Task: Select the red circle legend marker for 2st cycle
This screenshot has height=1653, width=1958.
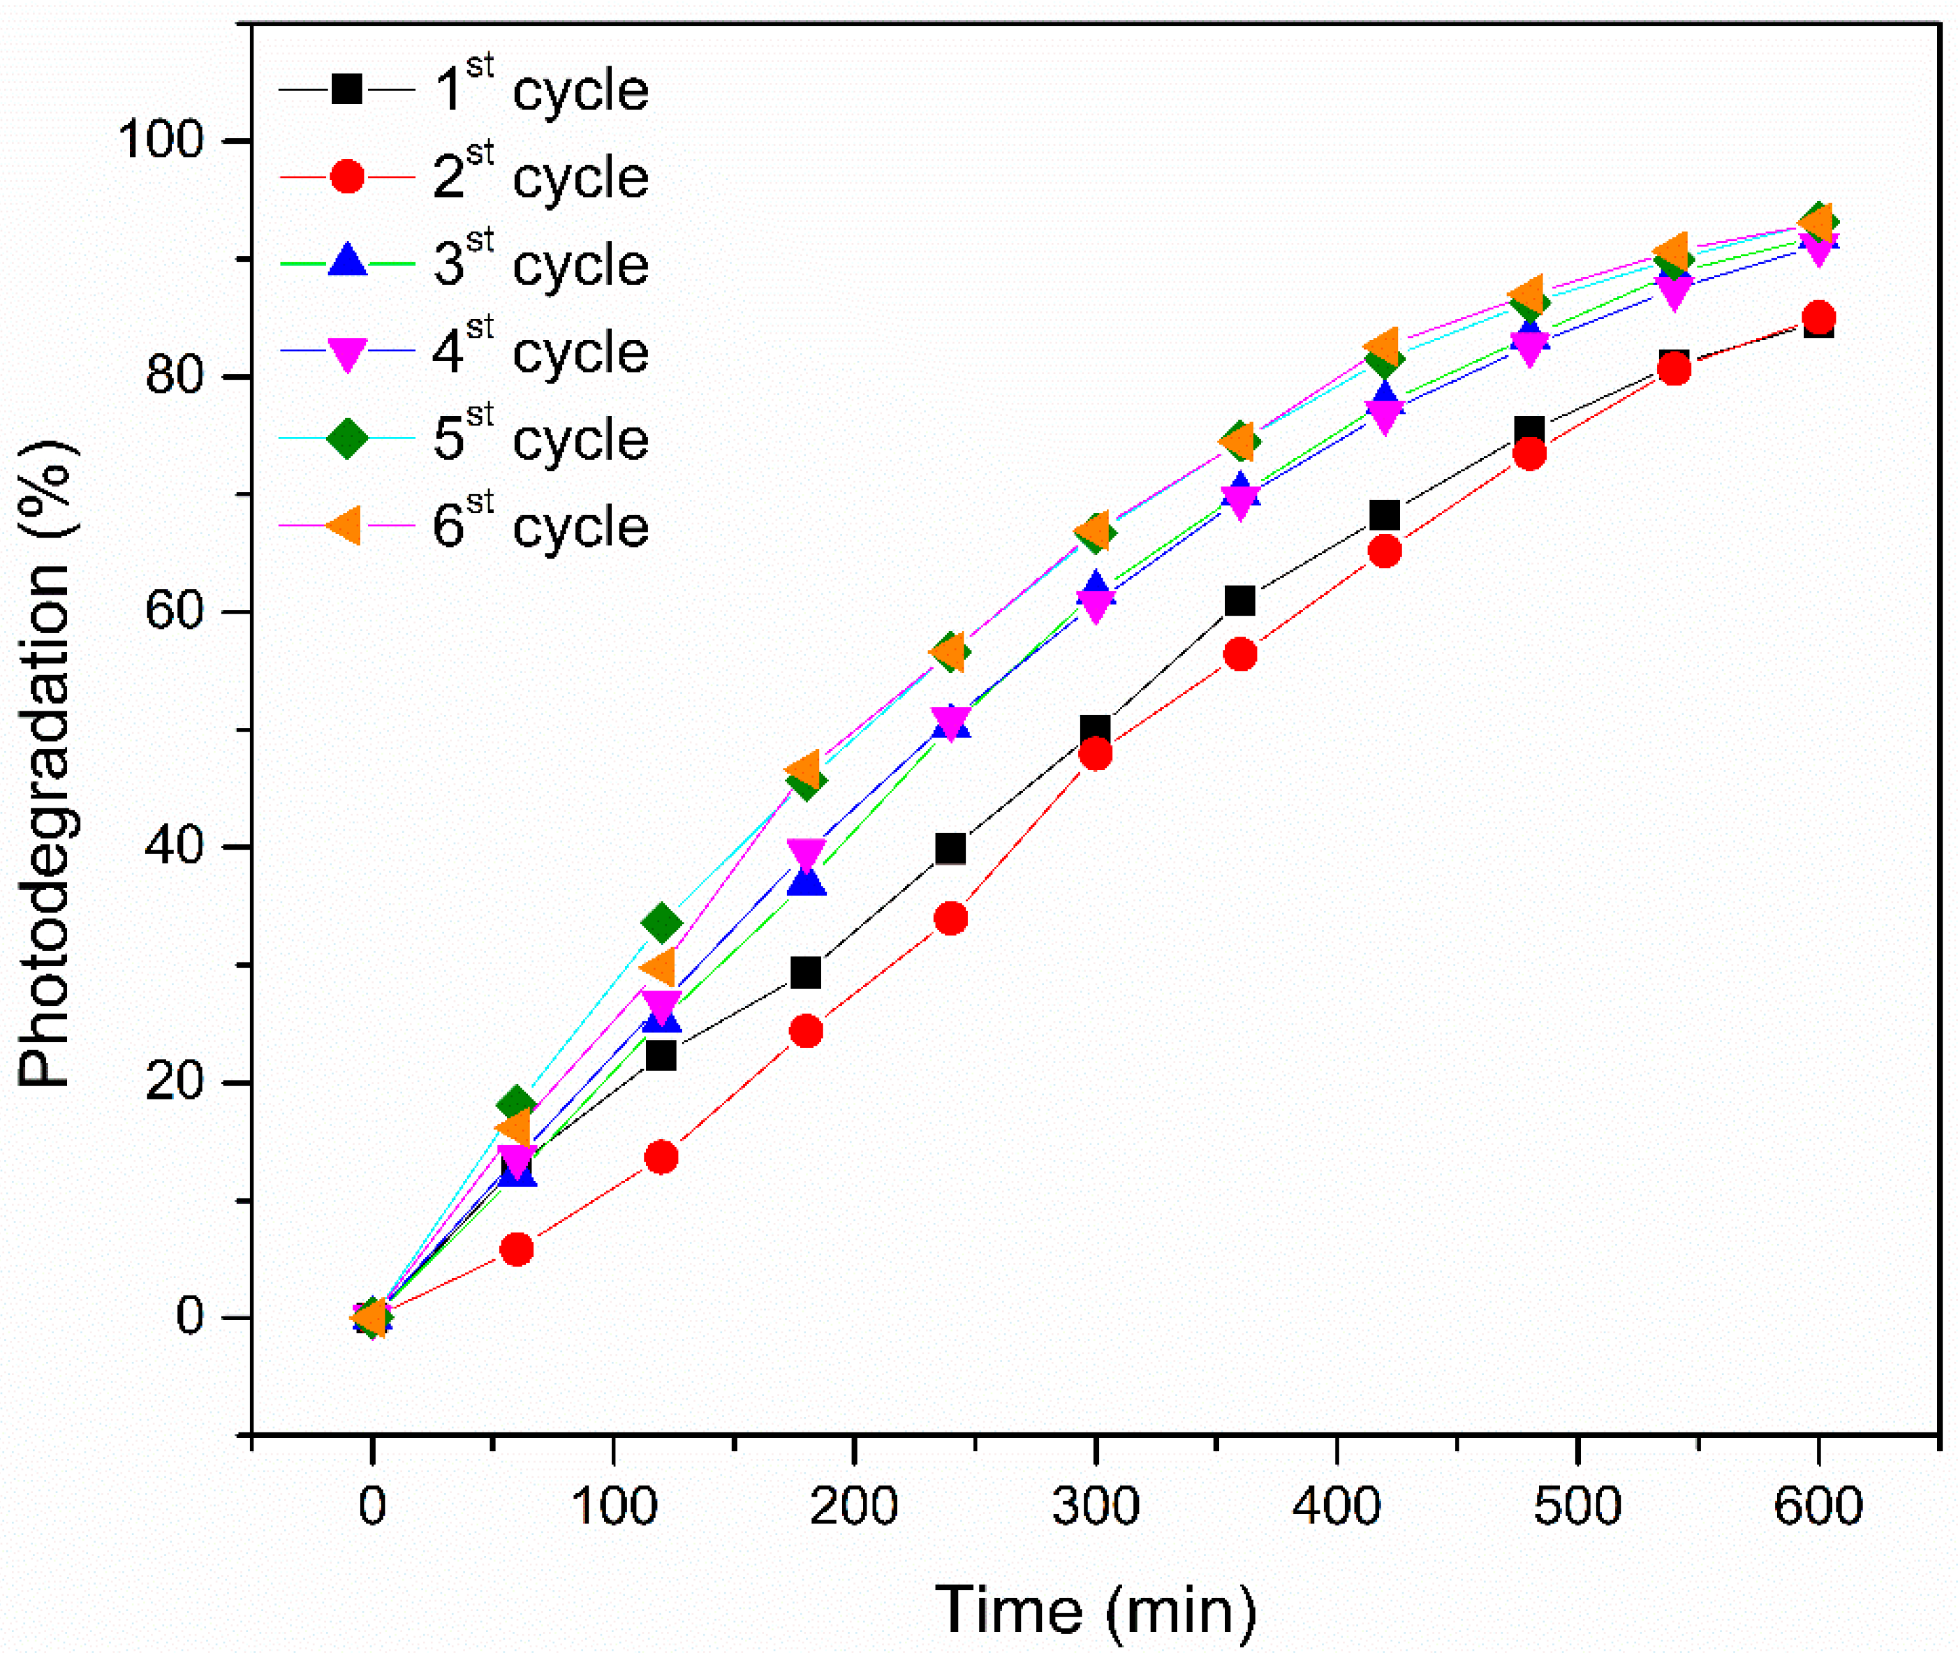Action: point(348,176)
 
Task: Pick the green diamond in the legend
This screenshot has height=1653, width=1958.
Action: point(348,438)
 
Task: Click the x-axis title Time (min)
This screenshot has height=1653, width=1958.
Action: point(1095,1610)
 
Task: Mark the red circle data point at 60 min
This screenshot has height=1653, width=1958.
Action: point(517,1249)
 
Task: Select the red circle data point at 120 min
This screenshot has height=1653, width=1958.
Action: point(661,1157)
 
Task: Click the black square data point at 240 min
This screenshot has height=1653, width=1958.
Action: point(950,848)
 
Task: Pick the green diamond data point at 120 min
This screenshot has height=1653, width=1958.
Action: point(661,923)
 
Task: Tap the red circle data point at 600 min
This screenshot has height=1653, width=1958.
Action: point(1818,317)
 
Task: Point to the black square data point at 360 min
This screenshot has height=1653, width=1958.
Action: point(1239,600)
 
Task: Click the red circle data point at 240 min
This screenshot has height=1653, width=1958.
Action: point(950,919)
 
